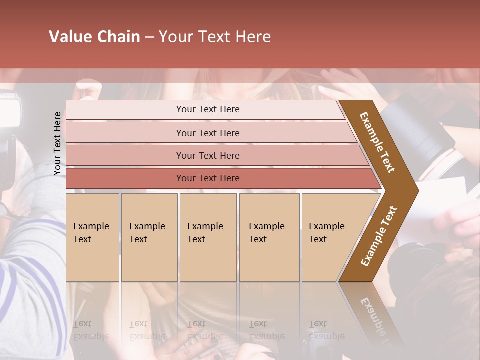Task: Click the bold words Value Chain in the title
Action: point(94,37)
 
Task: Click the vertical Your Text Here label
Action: point(57,143)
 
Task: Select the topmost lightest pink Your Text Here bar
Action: point(208,109)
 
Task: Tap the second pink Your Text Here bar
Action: point(208,133)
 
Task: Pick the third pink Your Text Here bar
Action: point(208,155)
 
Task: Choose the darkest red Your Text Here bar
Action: point(208,178)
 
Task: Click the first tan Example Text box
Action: point(92,237)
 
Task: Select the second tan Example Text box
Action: point(149,237)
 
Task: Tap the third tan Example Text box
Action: point(208,237)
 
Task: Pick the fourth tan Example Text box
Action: point(269,237)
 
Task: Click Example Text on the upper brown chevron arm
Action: point(377,142)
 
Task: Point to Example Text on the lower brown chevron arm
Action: point(379,236)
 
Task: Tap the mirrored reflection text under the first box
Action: point(91,330)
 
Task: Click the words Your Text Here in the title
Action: point(215,37)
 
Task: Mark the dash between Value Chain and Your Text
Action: point(149,37)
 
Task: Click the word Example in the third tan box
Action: point(205,226)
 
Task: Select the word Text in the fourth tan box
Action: point(258,239)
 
